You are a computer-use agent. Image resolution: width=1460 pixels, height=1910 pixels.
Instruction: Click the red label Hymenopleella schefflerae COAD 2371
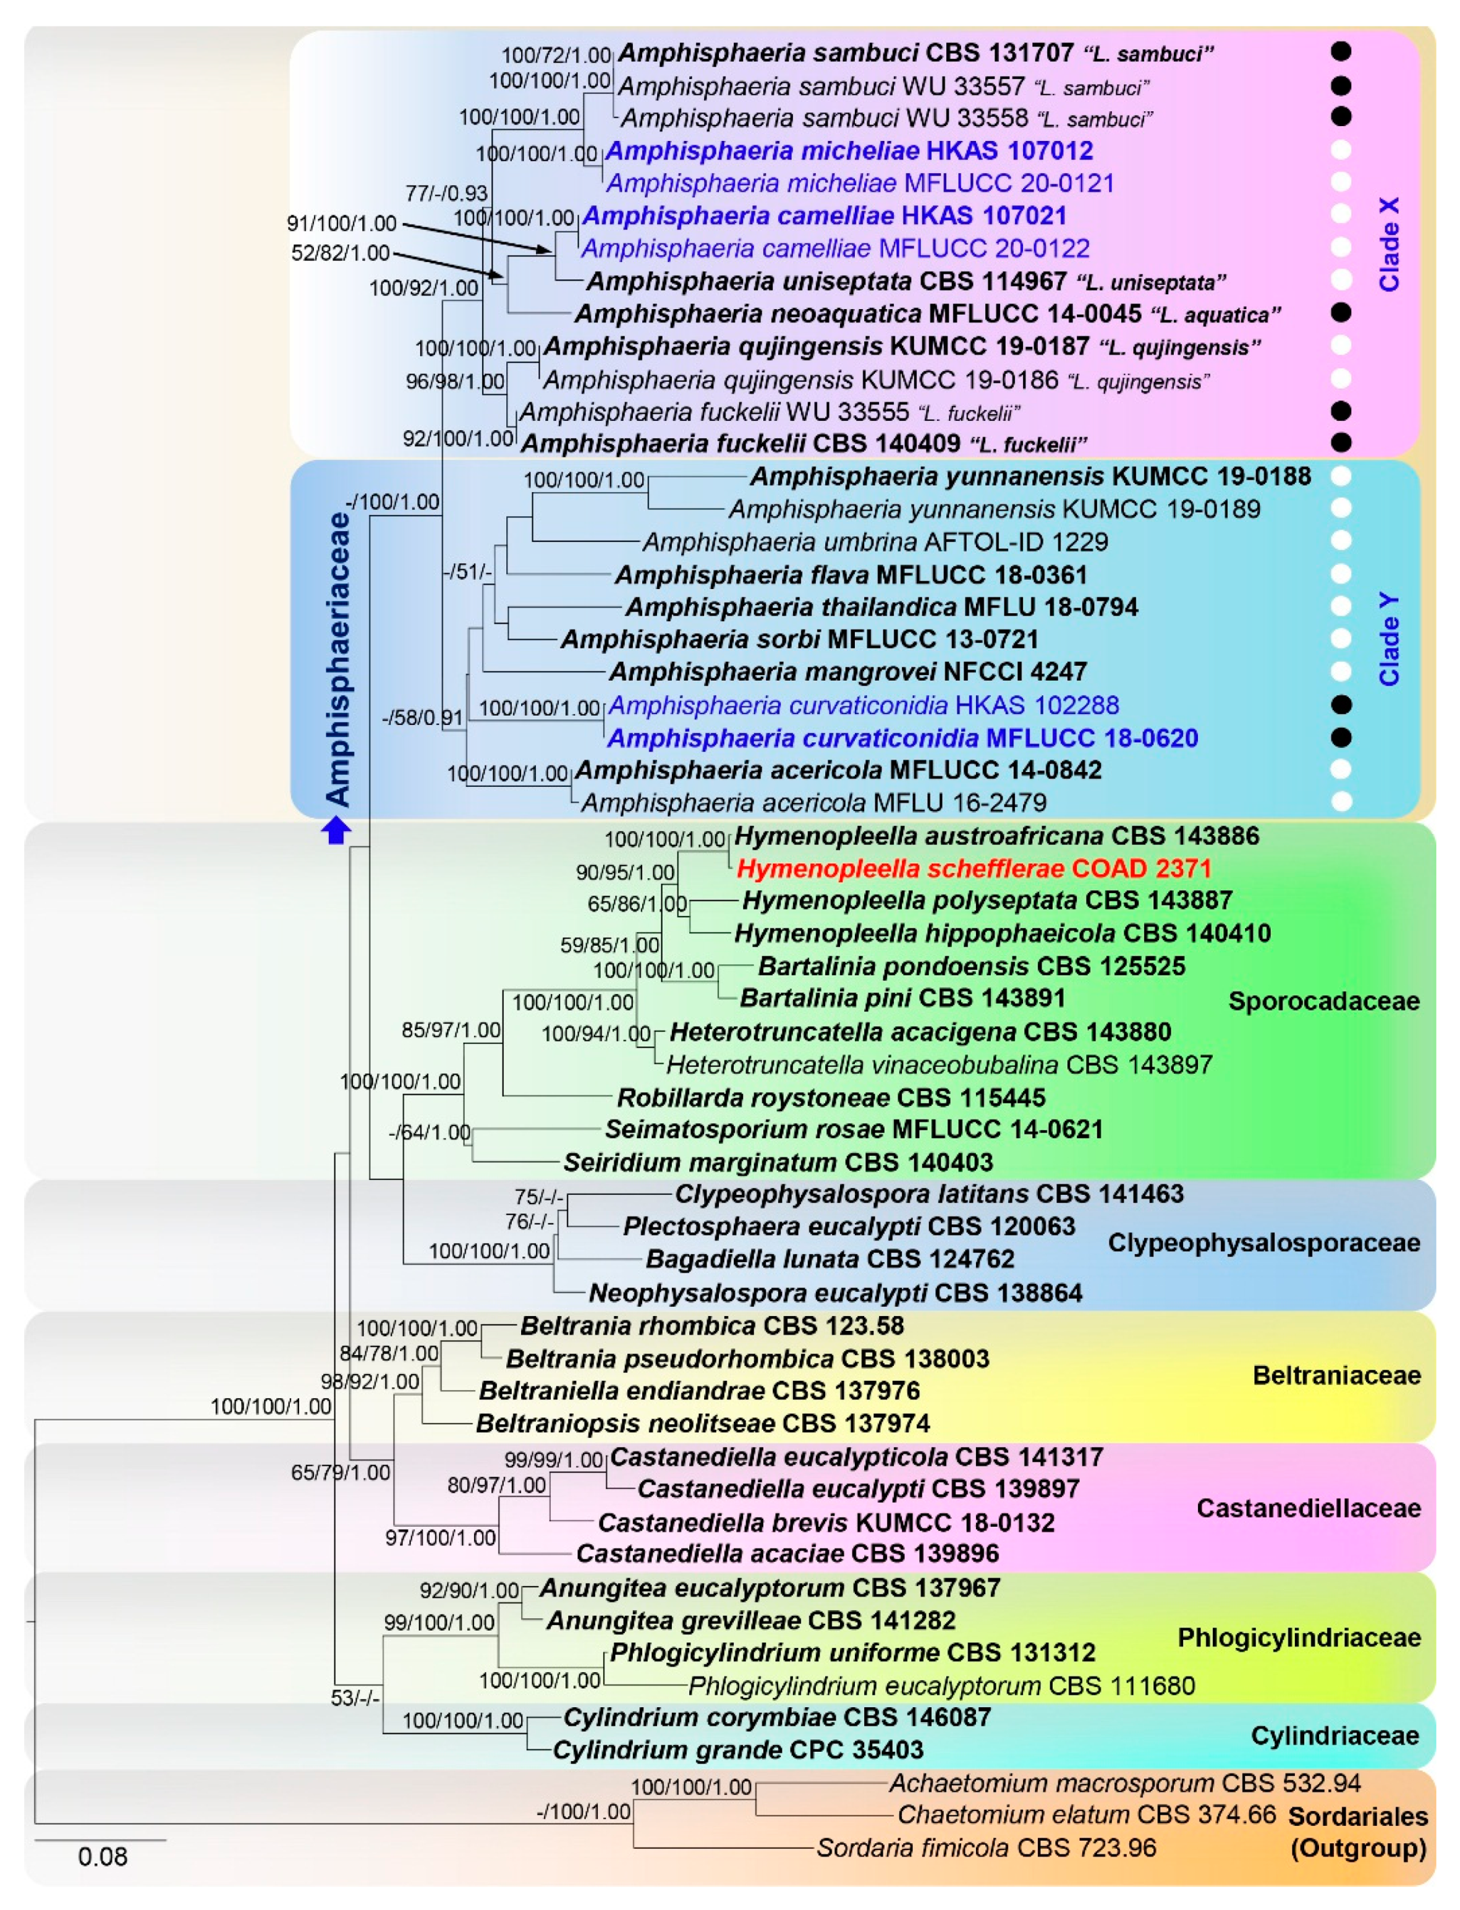coord(974,868)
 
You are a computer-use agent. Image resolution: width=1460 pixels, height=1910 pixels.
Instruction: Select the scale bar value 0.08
coord(103,1856)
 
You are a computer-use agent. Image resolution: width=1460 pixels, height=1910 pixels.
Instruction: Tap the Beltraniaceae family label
coord(1336,1375)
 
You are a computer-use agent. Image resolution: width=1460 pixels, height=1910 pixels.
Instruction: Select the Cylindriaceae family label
coord(1336,1735)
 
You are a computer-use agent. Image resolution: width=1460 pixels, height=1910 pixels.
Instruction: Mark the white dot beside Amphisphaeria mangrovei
coord(1342,671)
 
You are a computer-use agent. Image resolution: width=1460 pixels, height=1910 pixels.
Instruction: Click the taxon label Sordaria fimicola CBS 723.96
coord(987,1848)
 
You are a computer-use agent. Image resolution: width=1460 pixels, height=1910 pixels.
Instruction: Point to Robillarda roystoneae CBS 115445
coord(831,1098)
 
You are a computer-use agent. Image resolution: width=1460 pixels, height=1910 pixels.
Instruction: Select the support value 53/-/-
coord(355,1697)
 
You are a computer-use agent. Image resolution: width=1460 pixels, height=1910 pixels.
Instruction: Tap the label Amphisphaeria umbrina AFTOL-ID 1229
coord(875,542)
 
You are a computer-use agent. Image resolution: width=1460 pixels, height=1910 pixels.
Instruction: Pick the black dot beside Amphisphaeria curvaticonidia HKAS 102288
coord(1342,704)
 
